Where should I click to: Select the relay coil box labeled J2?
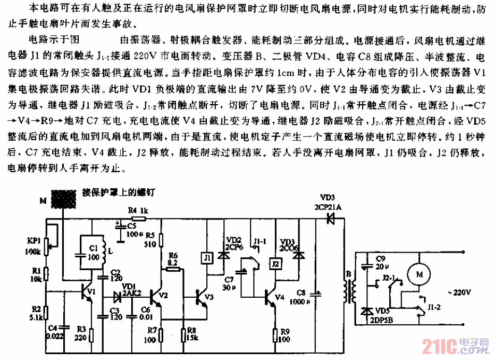[276, 265]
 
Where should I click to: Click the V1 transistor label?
[92, 292]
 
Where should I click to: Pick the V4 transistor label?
[280, 298]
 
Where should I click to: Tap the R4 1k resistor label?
[138, 211]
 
